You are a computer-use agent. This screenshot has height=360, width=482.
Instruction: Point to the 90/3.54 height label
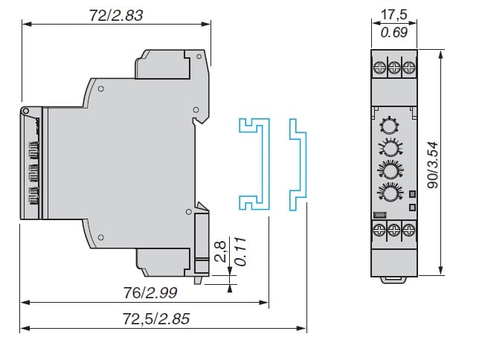pos(455,164)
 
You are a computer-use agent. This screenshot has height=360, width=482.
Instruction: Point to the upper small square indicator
pos(412,194)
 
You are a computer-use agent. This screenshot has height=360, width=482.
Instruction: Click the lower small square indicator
pos(412,206)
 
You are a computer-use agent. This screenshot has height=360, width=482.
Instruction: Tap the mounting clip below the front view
pos(393,280)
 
